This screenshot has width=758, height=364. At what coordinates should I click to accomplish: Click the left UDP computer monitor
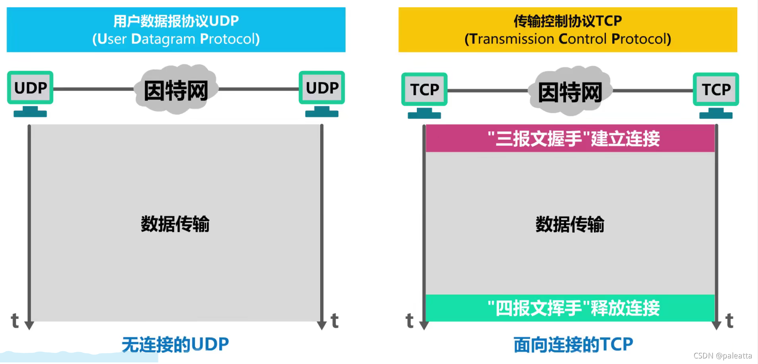pyautogui.click(x=30, y=88)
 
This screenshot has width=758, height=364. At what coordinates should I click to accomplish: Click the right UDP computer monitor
pyautogui.click(x=322, y=88)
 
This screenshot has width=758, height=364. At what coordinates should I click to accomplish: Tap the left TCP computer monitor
pyautogui.click(x=424, y=90)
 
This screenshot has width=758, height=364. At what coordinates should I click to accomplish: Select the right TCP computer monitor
pyautogui.click(x=716, y=90)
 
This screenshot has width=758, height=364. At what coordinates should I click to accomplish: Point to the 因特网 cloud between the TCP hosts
pyautogui.click(x=570, y=92)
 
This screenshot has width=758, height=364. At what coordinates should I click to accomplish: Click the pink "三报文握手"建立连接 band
pyautogui.click(x=570, y=139)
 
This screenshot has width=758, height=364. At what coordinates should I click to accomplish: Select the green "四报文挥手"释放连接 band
pyautogui.click(x=570, y=308)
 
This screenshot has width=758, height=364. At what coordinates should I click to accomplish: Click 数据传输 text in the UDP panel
pyautogui.click(x=175, y=224)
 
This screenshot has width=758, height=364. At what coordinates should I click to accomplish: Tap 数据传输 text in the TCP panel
pyautogui.click(x=570, y=224)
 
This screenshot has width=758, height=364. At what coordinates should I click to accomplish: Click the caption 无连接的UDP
pyautogui.click(x=175, y=344)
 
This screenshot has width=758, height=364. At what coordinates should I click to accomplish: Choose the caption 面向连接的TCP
pyautogui.click(x=573, y=344)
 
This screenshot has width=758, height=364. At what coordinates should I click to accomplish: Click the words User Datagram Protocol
pyautogui.click(x=176, y=39)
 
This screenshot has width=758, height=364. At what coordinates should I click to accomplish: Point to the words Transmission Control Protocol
pyautogui.click(x=568, y=39)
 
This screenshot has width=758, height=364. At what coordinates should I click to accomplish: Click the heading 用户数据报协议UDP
pyautogui.click(x=176, y=21)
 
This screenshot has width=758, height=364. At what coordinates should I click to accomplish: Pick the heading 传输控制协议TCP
pyautogui.click(x=568, y=21)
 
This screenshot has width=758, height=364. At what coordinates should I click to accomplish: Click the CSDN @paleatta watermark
pyautogui.click(x=723, y=356)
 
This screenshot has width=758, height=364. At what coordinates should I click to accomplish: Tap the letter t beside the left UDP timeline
pyautogui.click(x=15, y=321)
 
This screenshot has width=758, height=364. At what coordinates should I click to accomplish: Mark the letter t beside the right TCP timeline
pyautogui.click(x=730, y=321)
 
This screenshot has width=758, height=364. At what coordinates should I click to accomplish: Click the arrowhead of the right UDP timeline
pyautogui.click(x=322, y=325)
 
